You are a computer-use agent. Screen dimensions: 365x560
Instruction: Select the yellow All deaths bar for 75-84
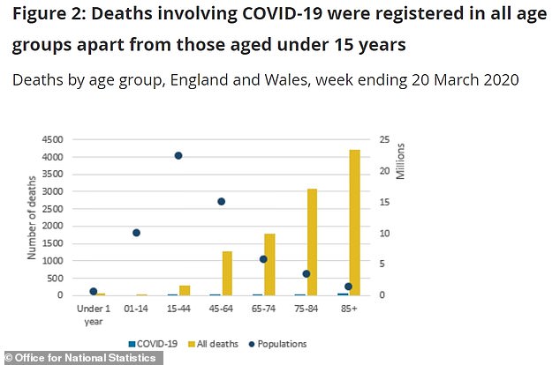click(312, 242)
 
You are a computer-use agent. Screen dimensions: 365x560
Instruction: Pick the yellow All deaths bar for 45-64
click(227, 273)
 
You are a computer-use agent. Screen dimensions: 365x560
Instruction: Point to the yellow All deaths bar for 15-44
click(185, 290)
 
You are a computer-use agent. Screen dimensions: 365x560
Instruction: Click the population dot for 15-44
click(178, 155)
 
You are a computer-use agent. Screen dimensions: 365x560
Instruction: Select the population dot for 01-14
click(136, 233)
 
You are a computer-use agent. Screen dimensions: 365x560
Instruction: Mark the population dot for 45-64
click(221, 201)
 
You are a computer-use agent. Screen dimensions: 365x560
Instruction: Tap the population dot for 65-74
click(263, 259)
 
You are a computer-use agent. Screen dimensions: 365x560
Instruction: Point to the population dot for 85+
click(348, 287)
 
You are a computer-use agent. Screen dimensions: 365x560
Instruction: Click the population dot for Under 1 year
click(94, 291)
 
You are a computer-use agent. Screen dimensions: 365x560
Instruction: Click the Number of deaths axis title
click(31, 217)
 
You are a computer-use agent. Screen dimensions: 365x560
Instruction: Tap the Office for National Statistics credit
click(79, 358)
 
